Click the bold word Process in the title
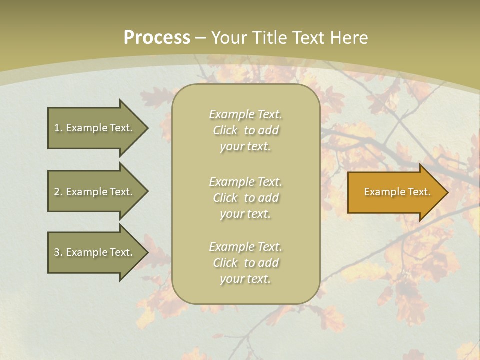tap(157, 38)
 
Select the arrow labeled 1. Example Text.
tap(95, 128)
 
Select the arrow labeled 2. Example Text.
tap(95, 192)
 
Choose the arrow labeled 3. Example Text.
tap(95, 252)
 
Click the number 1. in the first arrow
tap(58, 128)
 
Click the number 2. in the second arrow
tap(58, 192)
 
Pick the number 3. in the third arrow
tap(58, 252)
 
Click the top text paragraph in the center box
tap(245, 130)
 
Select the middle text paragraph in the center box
tap(245, 198)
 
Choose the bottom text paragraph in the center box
tap(245, 263)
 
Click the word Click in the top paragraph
tap(225, 131)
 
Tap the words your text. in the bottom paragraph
tap(245, 279)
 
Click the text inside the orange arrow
tap(397, 192)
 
